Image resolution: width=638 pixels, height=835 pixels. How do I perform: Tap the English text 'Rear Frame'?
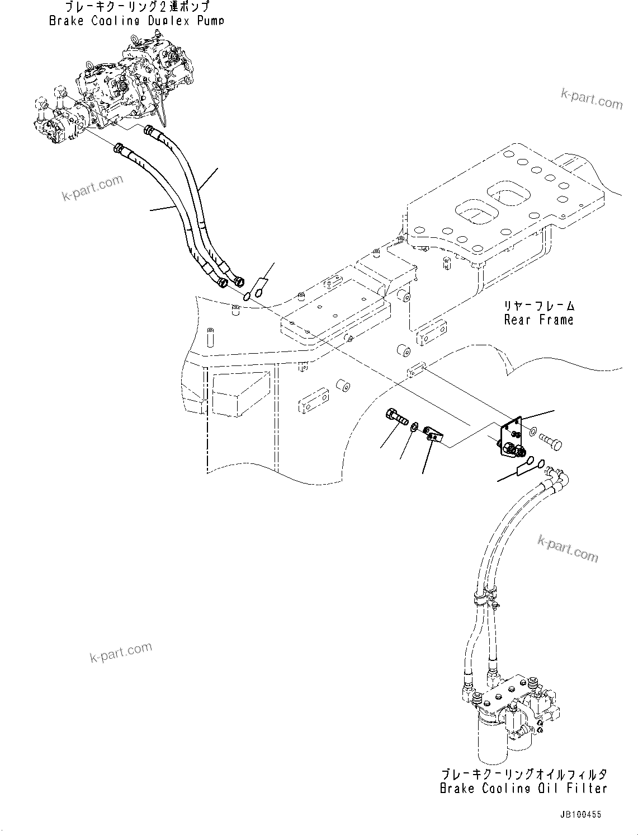pos(538,320)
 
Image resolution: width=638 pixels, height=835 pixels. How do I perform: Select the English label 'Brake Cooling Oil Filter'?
pos(523,789)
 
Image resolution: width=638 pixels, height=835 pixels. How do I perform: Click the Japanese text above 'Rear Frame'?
pos(538,306)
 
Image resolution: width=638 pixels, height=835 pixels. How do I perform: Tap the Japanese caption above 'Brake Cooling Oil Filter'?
pos(523,775)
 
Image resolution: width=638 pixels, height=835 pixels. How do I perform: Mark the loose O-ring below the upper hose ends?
pos(247,295)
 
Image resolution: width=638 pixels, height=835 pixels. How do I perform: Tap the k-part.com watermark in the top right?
pos(599,99)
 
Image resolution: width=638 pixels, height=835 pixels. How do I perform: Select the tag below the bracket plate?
pos(525,465)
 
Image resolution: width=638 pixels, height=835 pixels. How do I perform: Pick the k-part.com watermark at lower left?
pos(120,651)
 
